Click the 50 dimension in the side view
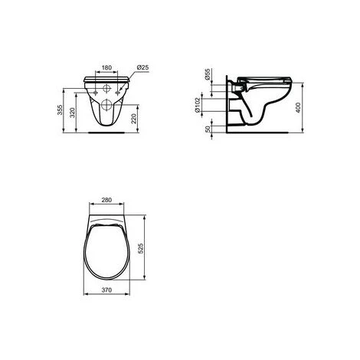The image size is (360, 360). click(x=208, y=126)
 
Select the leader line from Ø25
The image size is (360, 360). click(x=132, y=73)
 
